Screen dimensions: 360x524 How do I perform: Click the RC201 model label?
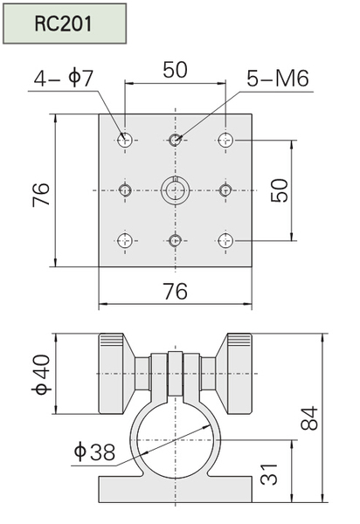tap(63, 24)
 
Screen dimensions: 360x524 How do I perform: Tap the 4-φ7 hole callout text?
tap(64, 79)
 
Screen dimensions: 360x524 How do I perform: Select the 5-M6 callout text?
tap(278, 79)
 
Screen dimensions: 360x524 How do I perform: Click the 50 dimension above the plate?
tap(175, 70)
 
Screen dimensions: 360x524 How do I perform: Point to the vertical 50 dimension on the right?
tap(279, 190)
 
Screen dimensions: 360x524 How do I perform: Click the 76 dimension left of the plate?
tap(41, 195)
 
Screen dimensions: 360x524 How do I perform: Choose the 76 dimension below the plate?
tap(176, 291)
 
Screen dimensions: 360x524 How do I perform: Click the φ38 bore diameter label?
tap(94, 452)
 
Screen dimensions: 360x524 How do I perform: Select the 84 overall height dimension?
tap(308, 417)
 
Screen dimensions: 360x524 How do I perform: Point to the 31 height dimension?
tap(269, 474)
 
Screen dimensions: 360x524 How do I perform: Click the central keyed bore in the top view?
tap(175, 190)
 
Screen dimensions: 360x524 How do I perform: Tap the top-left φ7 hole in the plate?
tap(125, 140)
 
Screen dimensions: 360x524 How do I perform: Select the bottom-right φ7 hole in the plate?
tap(225, 241)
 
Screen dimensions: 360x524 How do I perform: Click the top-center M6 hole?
tap(175, 140)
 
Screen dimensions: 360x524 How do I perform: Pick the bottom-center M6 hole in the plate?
tap(175, 241)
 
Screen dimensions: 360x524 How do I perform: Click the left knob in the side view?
tap(117, 374)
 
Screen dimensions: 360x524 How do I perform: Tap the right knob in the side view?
tap(233, 374)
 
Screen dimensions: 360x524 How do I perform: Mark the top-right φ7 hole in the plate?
tap(225, 140)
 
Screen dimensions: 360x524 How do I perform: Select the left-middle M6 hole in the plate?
tap(125, 190)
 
